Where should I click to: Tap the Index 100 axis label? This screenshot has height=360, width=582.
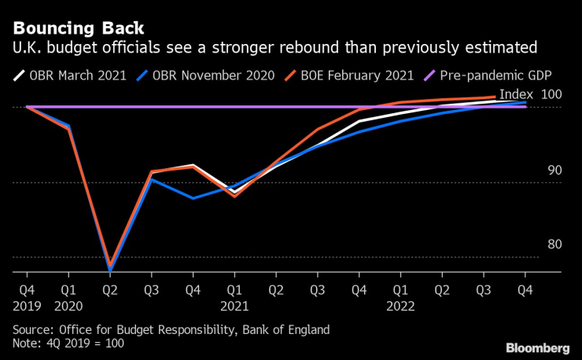tap(530, 94)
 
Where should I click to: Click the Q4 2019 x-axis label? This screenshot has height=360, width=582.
tap(28, 296)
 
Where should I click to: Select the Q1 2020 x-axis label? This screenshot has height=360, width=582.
tap(69, 296)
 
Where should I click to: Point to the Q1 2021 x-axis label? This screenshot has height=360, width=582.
tap(234, 296)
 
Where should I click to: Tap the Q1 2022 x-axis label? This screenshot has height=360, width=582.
tap(400, 296)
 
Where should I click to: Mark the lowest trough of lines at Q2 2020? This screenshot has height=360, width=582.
tap(110, 268)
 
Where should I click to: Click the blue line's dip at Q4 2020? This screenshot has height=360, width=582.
tap(193, 198)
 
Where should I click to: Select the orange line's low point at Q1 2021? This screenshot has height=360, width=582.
tap(234, 196)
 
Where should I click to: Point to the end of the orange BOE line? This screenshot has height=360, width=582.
tap(495, 97)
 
